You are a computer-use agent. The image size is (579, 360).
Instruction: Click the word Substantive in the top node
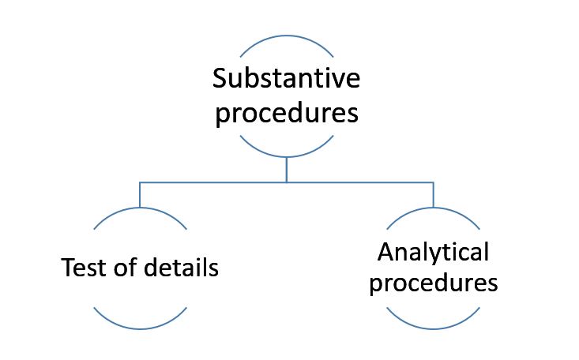tap(287, 79)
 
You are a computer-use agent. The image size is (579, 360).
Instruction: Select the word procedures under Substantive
tap(287, 113)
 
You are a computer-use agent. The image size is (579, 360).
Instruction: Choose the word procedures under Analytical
tap(434, 283)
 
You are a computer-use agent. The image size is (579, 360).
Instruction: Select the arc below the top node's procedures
tap(287, 156)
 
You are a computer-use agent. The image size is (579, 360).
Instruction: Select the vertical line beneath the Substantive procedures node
tap(287, 169)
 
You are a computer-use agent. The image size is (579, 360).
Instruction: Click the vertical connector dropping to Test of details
tap(140, 194)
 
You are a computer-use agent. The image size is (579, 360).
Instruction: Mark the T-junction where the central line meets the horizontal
tap(287, 182)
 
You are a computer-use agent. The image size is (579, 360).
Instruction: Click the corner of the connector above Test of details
tap(140, 182)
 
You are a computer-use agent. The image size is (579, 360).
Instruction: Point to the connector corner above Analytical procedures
tap(433, 182)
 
